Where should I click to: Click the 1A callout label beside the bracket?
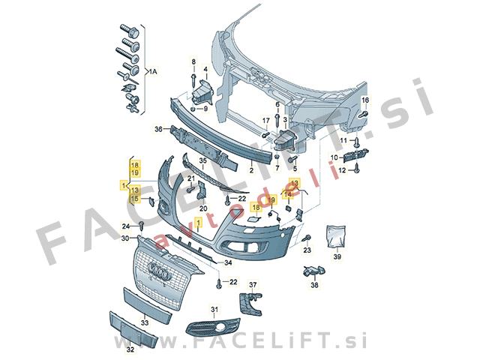(x=153, y=72)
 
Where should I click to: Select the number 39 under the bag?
(x=337, y=256)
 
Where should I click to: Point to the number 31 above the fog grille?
(x=214, y=310)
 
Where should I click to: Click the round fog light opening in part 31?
(x=220, y=328)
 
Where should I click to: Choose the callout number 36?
(x=158, y=130)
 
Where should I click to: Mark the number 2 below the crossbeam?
(x=251, y=170)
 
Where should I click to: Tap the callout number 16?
(x=365, y=100)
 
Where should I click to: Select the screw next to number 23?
(x=307, y=238)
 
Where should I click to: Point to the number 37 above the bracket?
(x=253, y=285)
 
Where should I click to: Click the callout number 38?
(x=314, y=285)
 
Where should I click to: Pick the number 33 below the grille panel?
(x=145, y=322)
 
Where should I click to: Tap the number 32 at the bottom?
(x=130, y=349)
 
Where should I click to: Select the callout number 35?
(x=203, y=160)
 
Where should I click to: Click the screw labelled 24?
(x=142, y=226)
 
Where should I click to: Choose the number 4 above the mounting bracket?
(x=205, y=70)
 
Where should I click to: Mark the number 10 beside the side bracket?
(x=334, y=157)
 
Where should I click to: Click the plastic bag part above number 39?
(x=336, y=235)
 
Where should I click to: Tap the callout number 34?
(x=228, y=262)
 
